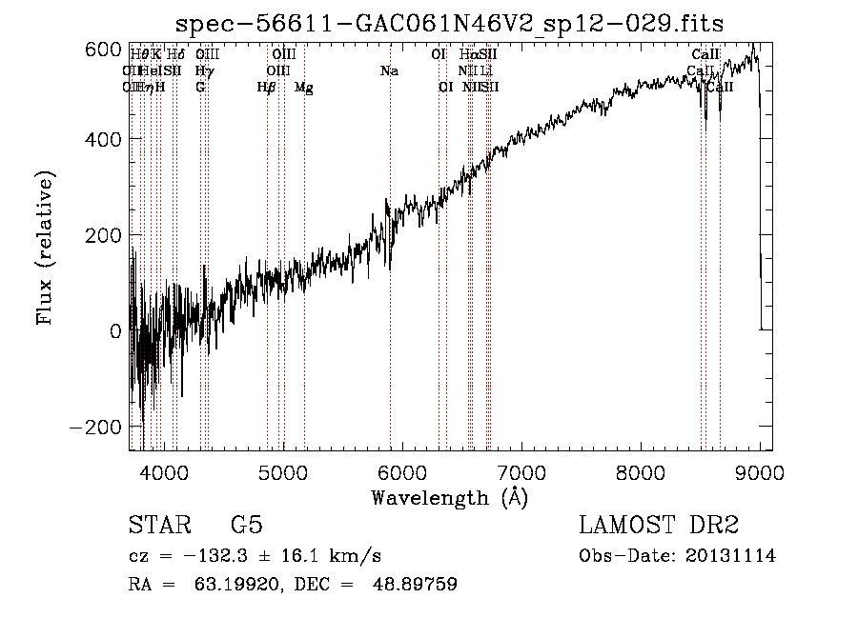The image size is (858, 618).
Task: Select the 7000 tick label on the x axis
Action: coord(521,470)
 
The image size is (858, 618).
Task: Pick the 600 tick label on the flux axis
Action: coord(103,50)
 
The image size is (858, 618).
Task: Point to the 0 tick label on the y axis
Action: coord(114,330)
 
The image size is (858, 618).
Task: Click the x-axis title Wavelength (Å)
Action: coord(449,497)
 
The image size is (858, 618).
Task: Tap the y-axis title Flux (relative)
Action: coord(46,247)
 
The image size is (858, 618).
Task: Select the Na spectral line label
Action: coord(389,70)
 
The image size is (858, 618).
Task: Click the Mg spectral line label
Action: coord(303,88)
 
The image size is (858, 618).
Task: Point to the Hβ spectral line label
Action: coord(266,88)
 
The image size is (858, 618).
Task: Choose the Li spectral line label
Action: coord(486,70)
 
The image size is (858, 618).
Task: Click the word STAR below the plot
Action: coord(159,526)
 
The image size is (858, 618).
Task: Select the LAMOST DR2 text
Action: coord(659,526)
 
